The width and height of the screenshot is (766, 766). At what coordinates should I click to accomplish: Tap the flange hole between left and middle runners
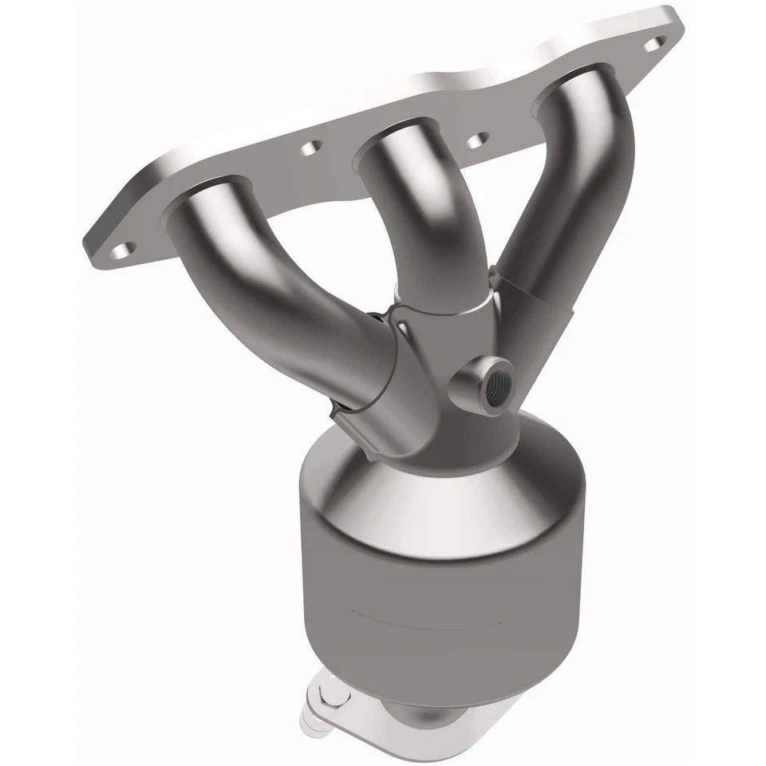point(311,148)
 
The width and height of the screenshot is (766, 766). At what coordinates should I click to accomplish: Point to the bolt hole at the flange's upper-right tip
point(654,43)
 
